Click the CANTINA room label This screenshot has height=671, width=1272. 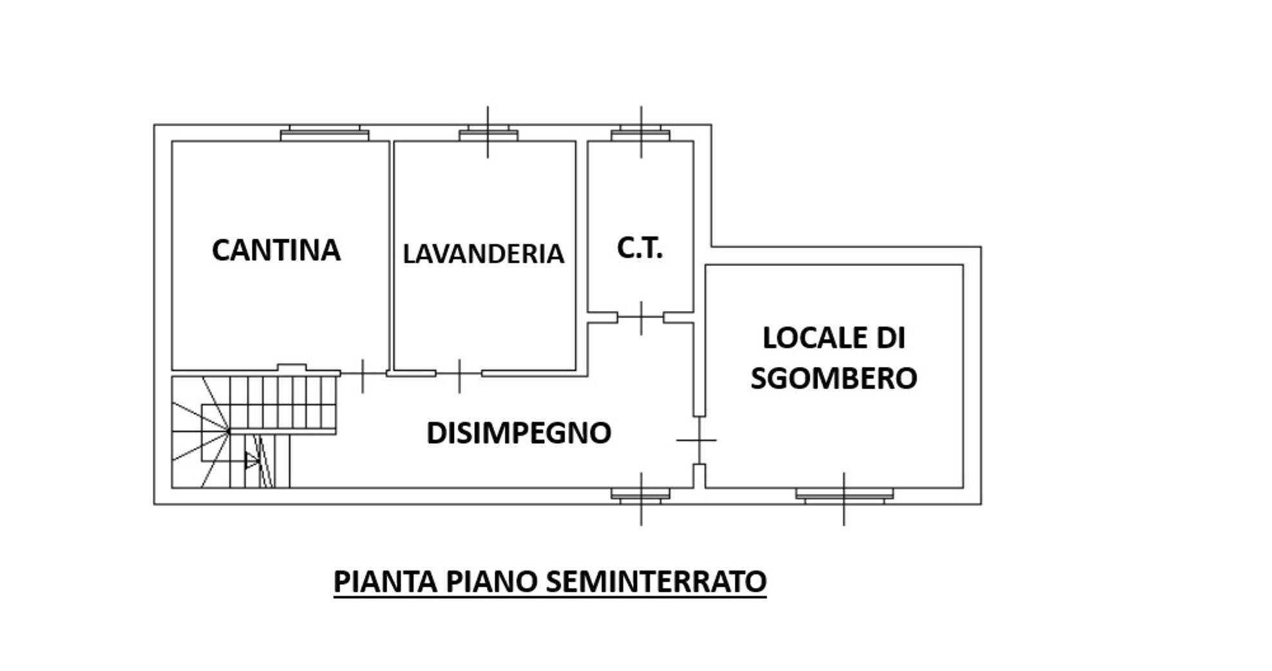pyautogui.click(x=276, y=250)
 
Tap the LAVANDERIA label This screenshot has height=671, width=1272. pyautogui.click(x=483, y=254)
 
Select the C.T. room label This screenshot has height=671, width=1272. pyautogui.click(x=640, y=248)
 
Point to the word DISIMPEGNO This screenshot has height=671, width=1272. pyautogui.click(x=518, y=433)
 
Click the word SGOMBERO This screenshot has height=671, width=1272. pyautogui.click(x=833, y=378)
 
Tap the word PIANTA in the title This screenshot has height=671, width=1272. pyautogui.click(x=386, y=581)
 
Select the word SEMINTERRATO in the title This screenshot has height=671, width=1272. pyautogui.click(x=656, y=581)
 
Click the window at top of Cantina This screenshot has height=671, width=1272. pyautogui.click(x=325, y=134)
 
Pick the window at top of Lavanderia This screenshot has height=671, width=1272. pyautogui.click(x=488, y=134)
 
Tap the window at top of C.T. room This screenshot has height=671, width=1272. pyautogui.click(x=640, y=134)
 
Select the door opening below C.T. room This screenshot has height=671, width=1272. pyautogui.click(x=641, y=317)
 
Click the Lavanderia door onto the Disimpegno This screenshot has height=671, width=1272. pyautogui.click(x=459, y=374)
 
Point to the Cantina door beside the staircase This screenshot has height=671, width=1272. pyautogui.click(x=363, y=374)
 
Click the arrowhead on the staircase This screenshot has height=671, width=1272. pyautogui.click(x=252, y=460)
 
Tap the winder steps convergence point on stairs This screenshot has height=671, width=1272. pyautogui.click(x=229, y=431)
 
